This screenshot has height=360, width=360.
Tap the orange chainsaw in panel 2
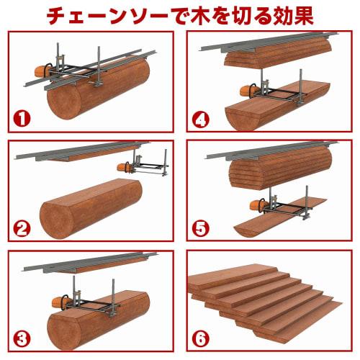[127, 167]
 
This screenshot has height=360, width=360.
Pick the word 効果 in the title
[291, 15]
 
